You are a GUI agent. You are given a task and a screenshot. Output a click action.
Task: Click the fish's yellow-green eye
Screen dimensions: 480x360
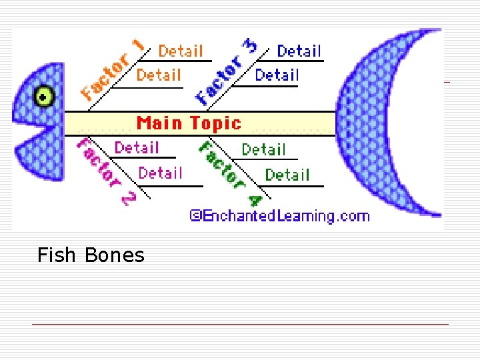tap(44, 97)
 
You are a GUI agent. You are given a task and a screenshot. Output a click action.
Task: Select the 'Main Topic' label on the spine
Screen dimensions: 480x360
tap(189, 123)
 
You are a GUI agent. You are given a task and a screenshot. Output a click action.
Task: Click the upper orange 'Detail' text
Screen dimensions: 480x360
tap(181, 51)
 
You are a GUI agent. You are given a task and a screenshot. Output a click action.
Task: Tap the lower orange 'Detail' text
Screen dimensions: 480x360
tap(159, 75)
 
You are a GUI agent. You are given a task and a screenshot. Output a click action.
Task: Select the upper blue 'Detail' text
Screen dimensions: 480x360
tap(299, 51)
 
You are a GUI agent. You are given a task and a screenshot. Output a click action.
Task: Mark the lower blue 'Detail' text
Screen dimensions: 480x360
tap(277, 75)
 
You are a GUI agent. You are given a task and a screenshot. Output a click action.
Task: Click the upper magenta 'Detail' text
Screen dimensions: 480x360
tap(137, 147)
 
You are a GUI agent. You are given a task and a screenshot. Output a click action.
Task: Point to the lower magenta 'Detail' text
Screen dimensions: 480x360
tap(160, 173)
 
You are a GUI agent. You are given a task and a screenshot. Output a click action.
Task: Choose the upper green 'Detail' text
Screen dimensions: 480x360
tap(263, 149)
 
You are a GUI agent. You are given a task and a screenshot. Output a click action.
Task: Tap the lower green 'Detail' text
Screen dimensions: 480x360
tap(287, 175)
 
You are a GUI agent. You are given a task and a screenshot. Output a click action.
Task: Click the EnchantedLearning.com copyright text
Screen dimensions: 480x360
tap(279, 216)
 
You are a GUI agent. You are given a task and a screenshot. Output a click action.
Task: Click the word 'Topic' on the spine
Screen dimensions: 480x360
tap(215, 123)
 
